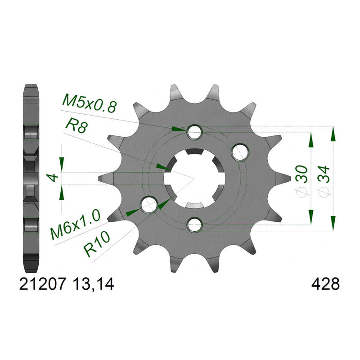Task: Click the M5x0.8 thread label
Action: tap(89, 103)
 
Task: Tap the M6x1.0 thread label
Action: tap(75, 225)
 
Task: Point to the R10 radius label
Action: tap(96, 243)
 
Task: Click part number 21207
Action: tap(43, 284)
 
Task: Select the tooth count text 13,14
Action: tap(93, 284)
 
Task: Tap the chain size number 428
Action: tap(325, 284)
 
